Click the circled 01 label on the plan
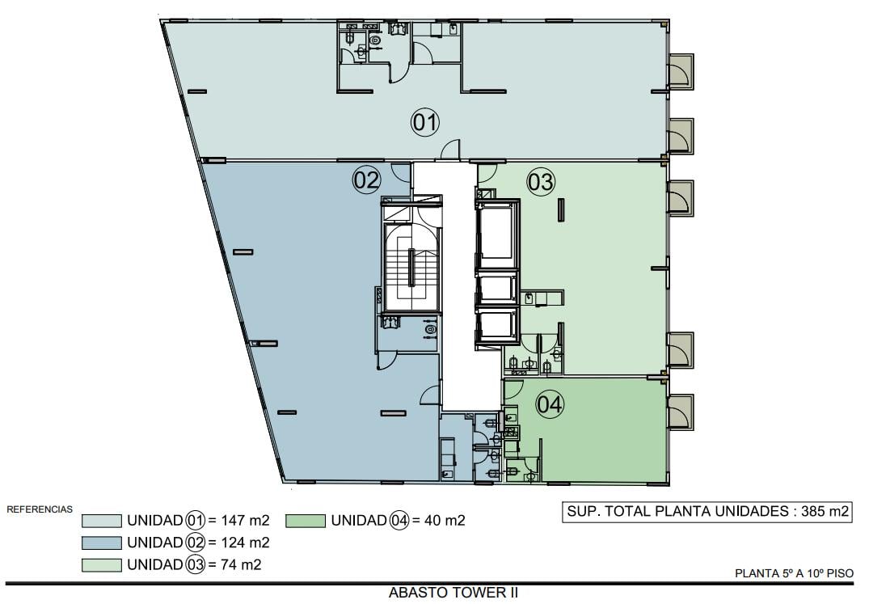[x=425, y=122]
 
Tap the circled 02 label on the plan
[x=367, y=180]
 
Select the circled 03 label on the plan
[x=540, y=182]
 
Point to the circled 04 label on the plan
[x=550, y=404]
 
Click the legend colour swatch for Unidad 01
[x=101, y=521]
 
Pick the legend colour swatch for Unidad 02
[x=101, y=543]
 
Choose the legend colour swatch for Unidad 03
[x=101, y=564]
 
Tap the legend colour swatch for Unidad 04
[x=306, y=521]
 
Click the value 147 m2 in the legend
[x=245, y=521]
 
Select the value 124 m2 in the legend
[x=245, y=543]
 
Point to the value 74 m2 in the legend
[x=241, y=564]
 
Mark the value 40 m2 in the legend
[x=445, y=521]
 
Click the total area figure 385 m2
[x=825, y=511]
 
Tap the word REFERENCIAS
[x=40, y=509]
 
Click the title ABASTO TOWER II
[x=453, y=593]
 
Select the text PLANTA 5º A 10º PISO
[x=794, y=573]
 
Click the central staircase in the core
[x=411, y=267]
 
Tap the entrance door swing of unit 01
[x=450, y=149]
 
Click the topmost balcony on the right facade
[x=680, y=71]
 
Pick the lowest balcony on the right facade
[x=680, y=412]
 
